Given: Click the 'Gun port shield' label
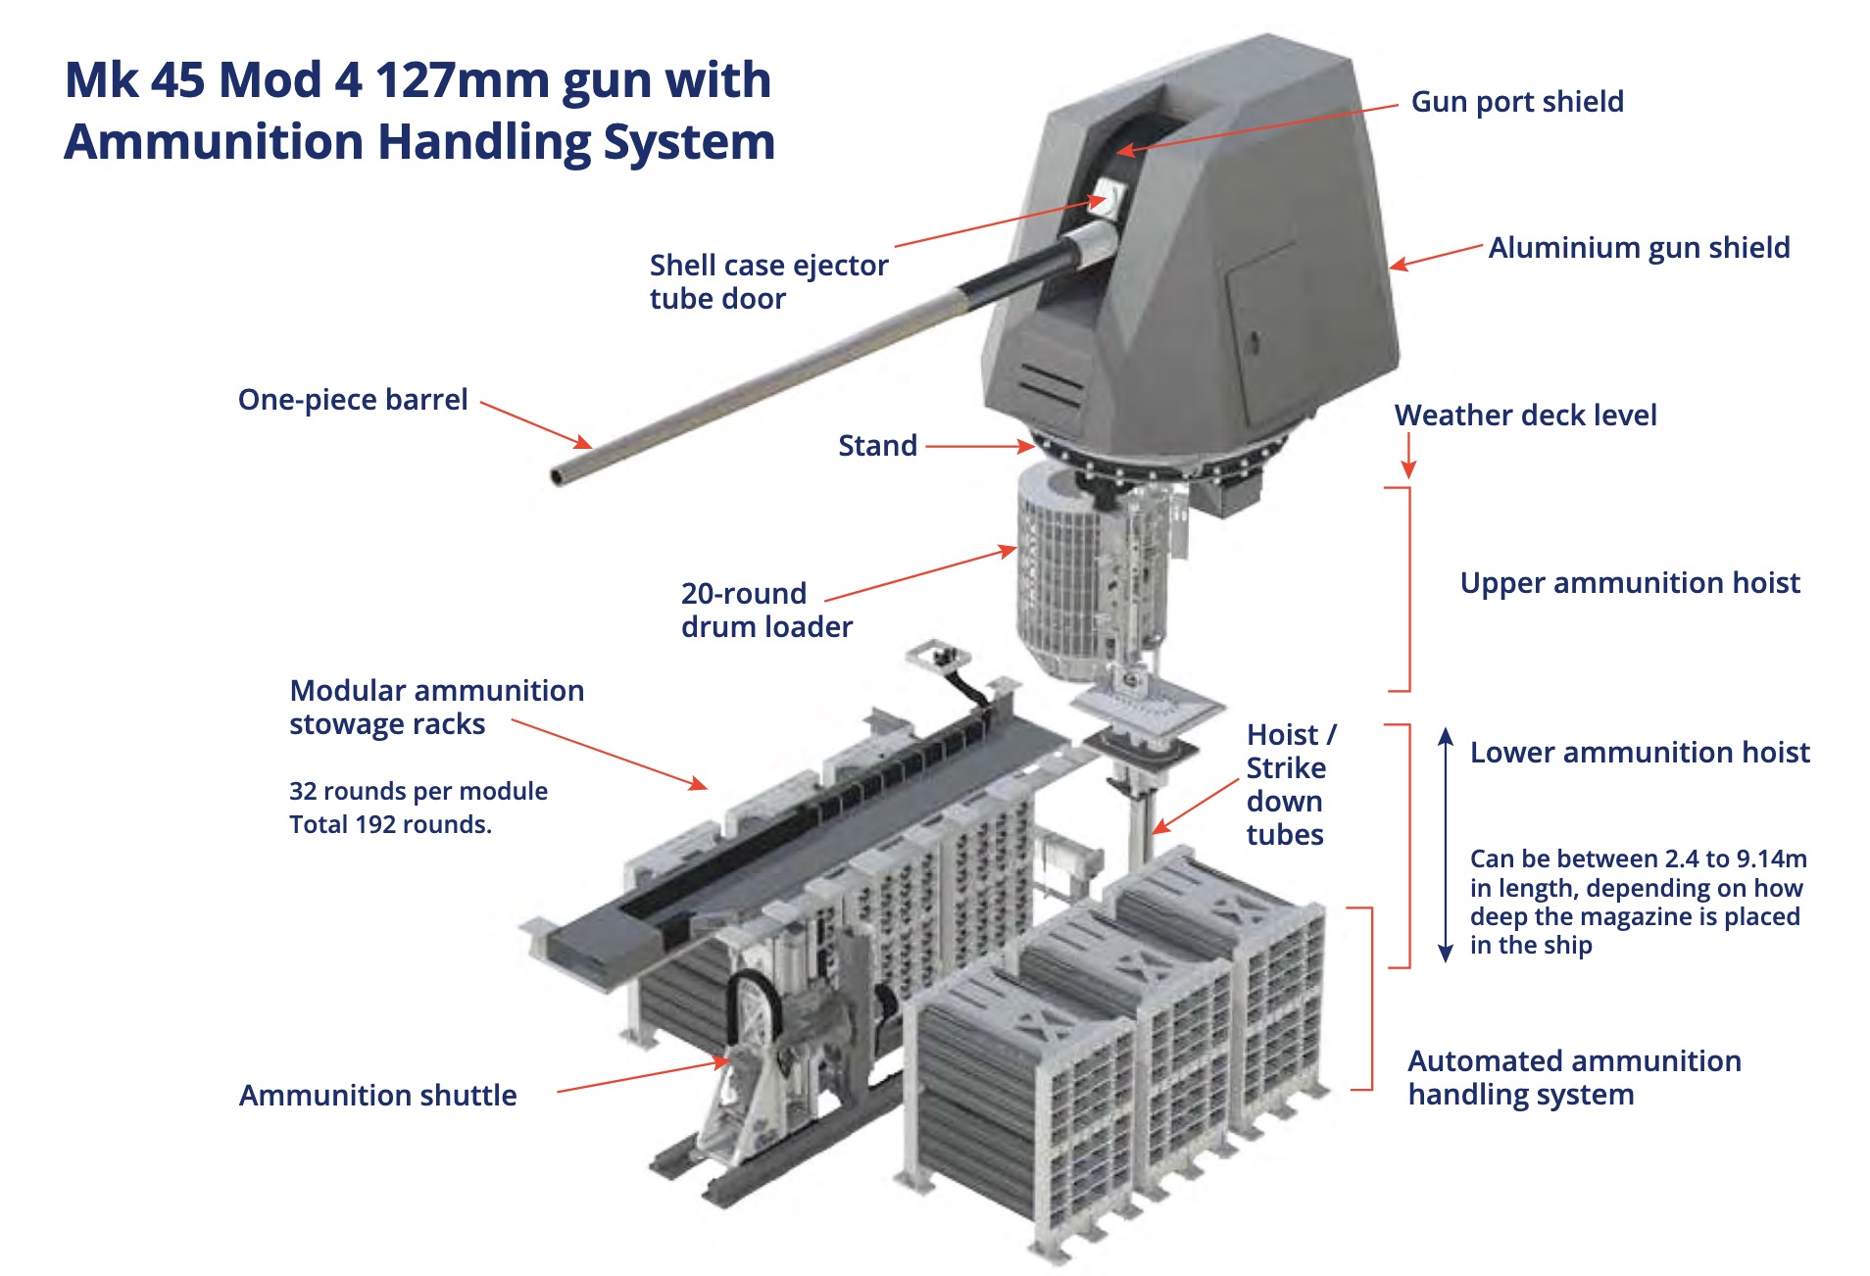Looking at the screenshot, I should (x=1516, y=102).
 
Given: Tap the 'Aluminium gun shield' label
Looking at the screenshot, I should (x=1638, y=248).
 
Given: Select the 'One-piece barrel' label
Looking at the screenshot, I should (x=353, y=400).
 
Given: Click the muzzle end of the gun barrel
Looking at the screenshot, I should (x=559, y=477).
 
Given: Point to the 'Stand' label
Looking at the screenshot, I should (x=877, y=446).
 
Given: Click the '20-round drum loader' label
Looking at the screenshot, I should (x=765, y=610).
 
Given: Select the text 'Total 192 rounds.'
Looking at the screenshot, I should (x=390, y=824).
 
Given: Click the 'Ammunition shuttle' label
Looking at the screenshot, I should (x=377, y=1095).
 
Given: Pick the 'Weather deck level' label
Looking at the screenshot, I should (x=1525, y=416).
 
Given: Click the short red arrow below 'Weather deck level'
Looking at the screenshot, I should (x=1407, y=457).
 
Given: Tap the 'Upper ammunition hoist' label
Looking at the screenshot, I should (x=1629, y=583).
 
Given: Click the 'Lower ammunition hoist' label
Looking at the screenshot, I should (x=1639, y=753).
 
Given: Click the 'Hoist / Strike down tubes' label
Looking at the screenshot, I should (x=1288, y=784).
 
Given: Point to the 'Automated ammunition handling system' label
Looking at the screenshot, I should (x=1573, y=1077).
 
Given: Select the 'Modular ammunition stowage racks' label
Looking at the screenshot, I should (x=435, y=707).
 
